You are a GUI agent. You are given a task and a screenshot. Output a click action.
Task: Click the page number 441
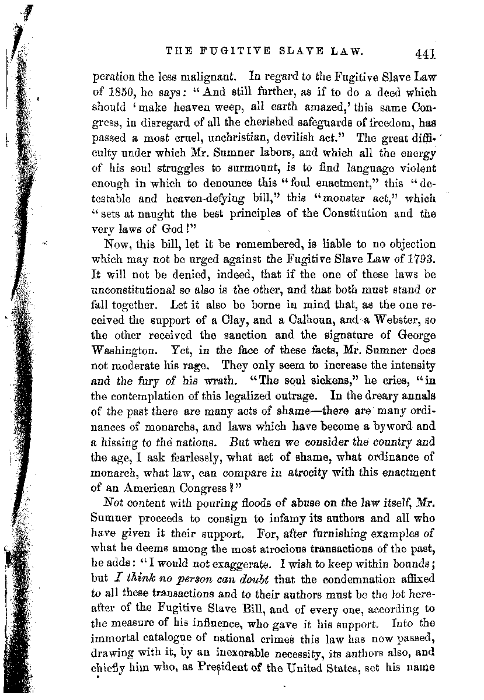pyautogui.click(x=424, y=54)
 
